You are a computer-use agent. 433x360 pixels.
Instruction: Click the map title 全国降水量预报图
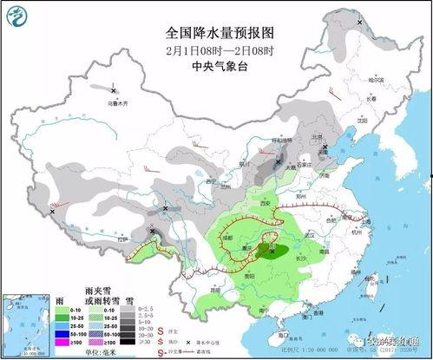click(x=219, y=32)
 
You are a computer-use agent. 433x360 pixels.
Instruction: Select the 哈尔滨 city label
click(x=375, y=80)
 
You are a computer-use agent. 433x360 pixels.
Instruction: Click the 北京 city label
click(x=316, y=137)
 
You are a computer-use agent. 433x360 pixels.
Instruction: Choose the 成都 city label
click(x=227, y=236)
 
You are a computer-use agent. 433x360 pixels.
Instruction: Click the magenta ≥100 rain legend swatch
click(x=62, y=342)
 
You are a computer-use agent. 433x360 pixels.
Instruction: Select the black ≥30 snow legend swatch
click(x=128, y=342)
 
